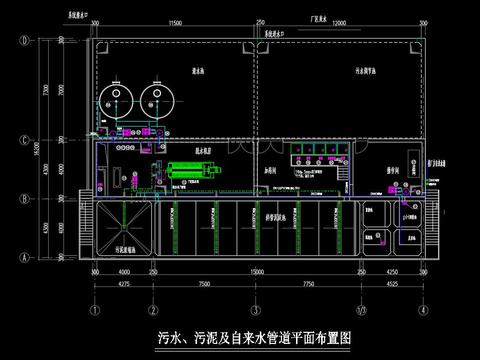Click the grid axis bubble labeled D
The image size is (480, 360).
(x=22, y=41)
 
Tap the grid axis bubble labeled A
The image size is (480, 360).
(x=22, y=255)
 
